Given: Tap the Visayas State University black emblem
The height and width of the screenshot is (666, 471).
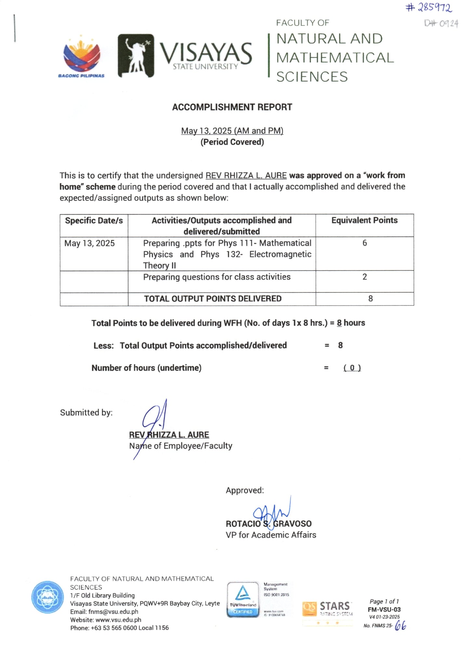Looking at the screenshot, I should click(136, 56).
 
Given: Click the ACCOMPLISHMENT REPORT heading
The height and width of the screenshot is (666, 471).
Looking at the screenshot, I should click(232, 107).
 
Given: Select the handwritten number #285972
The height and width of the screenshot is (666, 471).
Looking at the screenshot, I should click(429, 7).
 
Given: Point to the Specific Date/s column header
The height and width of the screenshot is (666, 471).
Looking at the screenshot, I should click(94, 220).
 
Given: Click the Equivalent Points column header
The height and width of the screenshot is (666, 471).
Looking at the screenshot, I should click(364, 220).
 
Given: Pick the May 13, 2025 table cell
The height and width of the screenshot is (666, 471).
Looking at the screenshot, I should click(90, 243).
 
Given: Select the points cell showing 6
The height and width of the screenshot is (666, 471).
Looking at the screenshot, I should click(364, 243).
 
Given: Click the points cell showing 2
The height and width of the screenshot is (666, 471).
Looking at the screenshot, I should click(364, 277).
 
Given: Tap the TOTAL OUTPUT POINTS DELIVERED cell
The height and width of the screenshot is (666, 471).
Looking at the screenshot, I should click(213, 299).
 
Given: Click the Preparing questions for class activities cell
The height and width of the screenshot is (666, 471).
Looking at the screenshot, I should click(217, 277).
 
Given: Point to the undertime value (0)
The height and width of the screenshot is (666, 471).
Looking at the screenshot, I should click(352, 368).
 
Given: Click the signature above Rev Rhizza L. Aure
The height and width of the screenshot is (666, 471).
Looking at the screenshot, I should click(155, 420).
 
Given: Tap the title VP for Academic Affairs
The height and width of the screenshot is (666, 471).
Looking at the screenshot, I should click(271, 535).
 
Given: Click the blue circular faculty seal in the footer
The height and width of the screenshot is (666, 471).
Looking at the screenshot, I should click(47, 597).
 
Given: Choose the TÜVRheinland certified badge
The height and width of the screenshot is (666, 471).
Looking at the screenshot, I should click(243, 599).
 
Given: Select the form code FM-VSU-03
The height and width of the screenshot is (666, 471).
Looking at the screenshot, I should click(384, 610).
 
